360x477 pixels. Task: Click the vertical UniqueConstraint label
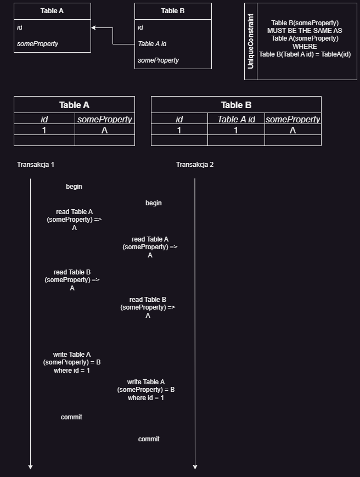point(251,41)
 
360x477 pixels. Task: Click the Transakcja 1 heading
point(36,165)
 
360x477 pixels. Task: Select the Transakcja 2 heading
point(195,165)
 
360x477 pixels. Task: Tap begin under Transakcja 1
point(74,187)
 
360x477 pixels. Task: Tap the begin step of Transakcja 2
point(154,203)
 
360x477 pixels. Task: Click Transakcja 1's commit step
point(71,417)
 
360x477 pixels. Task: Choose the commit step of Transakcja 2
point(149,439)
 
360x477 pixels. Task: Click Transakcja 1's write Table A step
point(72,362)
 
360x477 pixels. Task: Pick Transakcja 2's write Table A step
point(146,390)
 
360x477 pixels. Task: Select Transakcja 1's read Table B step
point(72,280)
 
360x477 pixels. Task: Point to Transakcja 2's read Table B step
point(148,307)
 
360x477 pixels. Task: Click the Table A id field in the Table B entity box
point(152,44)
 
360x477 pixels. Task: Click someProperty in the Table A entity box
point(38,44)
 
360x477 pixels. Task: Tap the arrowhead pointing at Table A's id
point(93,27)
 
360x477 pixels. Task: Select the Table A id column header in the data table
point(236,119)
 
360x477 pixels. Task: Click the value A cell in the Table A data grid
point(105,130)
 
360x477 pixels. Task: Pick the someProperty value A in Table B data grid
point(293,130)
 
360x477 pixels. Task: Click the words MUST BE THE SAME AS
point(305,31)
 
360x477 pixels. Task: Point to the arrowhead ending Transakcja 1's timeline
point(30,467)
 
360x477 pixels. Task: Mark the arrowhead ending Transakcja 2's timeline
point(195,467)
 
